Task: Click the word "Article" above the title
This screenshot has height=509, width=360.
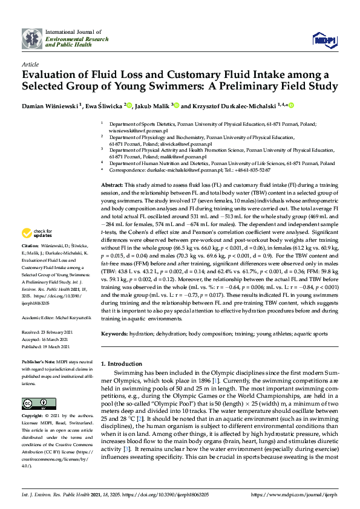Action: pyautogui.click(x=30, y=63)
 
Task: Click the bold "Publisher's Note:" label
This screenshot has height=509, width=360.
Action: pyautogui.click(x=38, y=360)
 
